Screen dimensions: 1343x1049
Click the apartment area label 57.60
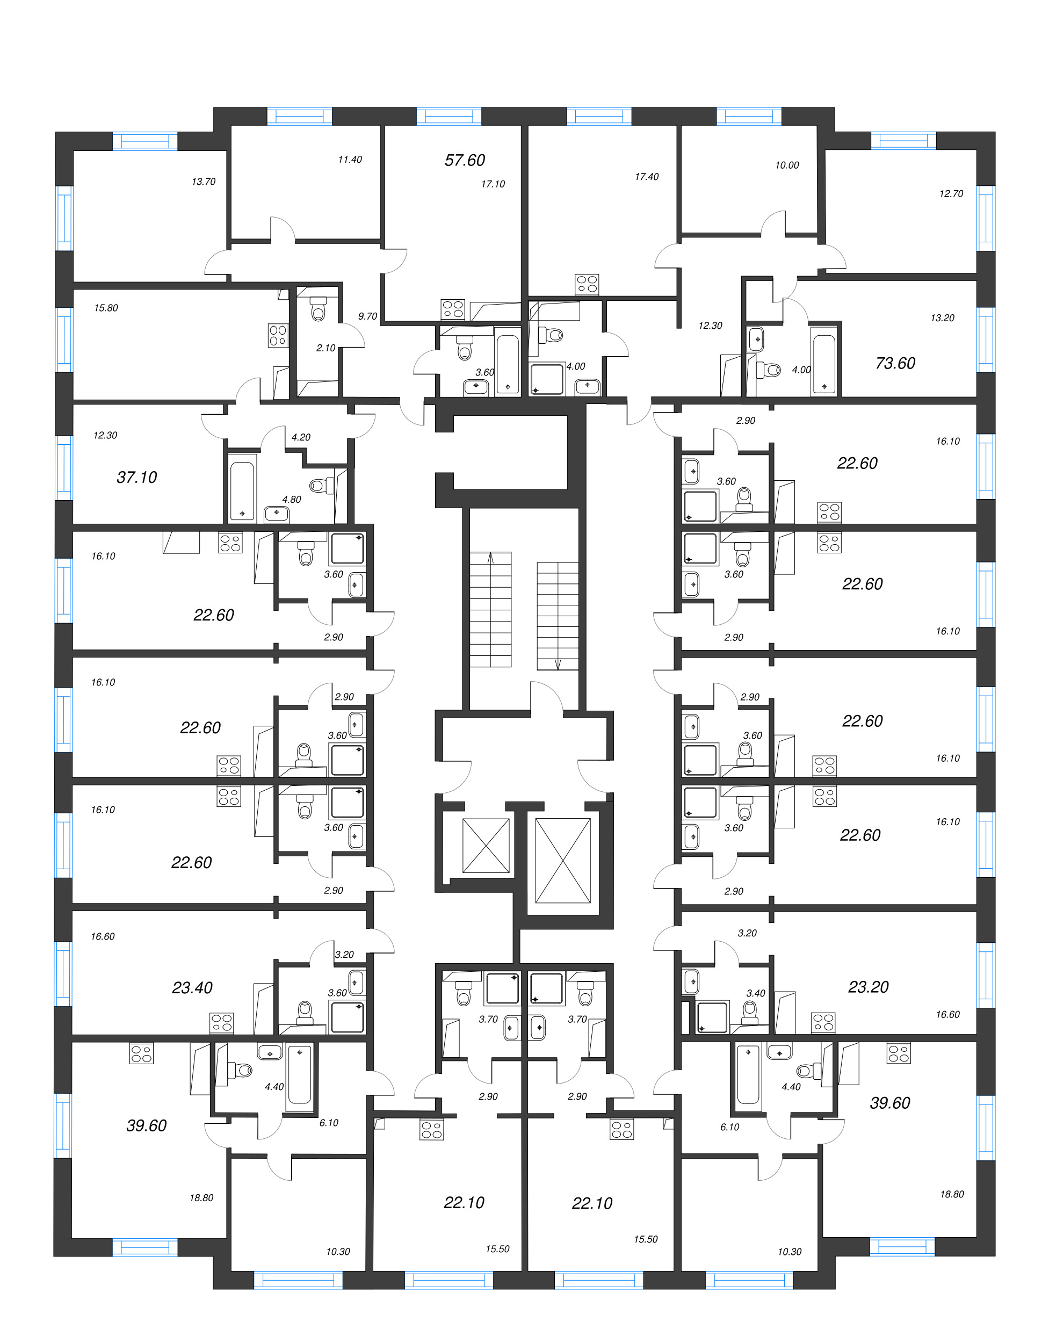464,160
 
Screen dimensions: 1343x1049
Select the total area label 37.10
136,476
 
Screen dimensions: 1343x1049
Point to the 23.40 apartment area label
192,987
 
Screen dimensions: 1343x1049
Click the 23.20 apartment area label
867,987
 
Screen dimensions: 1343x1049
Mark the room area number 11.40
350,159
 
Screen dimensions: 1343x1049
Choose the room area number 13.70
204,182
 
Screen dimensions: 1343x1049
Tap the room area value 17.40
646,177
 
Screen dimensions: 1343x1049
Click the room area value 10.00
786,165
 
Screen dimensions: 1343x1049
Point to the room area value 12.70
951,194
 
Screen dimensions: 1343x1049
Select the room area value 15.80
106,308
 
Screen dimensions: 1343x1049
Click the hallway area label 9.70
368,316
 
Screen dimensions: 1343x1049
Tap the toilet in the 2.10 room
318,309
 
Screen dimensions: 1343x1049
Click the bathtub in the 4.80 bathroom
242,490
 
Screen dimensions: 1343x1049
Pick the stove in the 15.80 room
278,335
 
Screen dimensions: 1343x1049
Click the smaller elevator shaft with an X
486,846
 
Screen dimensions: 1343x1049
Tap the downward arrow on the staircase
558,664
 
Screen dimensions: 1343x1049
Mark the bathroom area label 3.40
755,993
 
